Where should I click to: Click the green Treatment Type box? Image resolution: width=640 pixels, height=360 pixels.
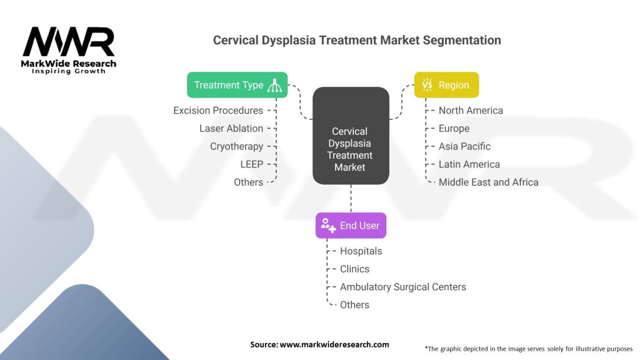(x=237, y=85)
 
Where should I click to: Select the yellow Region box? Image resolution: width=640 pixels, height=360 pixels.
(x=446, y=85)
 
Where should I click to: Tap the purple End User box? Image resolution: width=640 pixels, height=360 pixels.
(x=351, y=226)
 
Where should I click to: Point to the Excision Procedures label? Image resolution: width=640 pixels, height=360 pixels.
(x=218, y=111)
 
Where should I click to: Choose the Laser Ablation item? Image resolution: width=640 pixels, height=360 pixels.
(x=231, y=128)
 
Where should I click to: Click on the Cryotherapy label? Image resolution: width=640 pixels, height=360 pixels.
(x=236, y=146)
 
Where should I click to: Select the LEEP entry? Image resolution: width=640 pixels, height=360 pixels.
(x=251, y=164)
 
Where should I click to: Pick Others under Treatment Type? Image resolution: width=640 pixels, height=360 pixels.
(x=248, y=182)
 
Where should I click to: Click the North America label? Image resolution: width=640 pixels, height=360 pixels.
(x=471, y=111)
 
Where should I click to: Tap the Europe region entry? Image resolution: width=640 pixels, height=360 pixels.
(x=454, y=128)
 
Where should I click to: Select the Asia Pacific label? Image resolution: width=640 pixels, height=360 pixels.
(x=464, y=146)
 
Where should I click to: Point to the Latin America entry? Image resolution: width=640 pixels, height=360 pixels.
(x=469, y=164)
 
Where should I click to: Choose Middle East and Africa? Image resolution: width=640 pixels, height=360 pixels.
(x=488, y=182)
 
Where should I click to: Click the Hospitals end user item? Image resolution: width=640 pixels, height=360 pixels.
(x=361, y=251)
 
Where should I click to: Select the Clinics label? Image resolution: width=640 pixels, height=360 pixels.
(x=354, y=269)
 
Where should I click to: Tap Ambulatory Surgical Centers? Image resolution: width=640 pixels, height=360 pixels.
(x=402, y=287)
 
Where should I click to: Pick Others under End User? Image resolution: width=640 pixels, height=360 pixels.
(x=354, y=305)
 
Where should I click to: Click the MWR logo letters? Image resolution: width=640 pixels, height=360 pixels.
(x=69, y=42)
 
